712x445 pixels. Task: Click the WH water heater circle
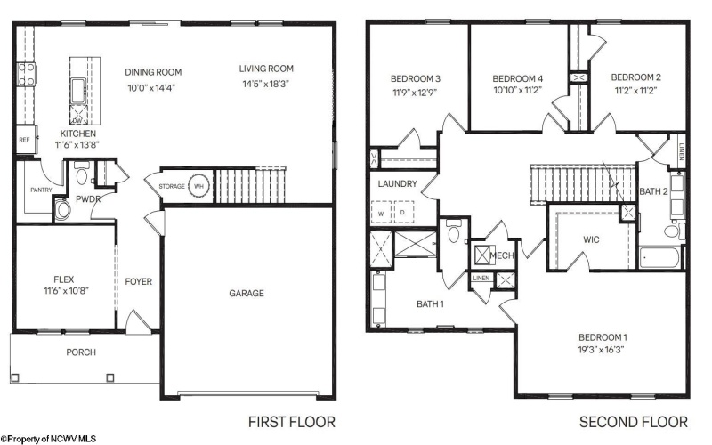pyautogui.click(x=199, y=187)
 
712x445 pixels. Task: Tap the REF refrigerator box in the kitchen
pyautogui.click(x=22, y=140)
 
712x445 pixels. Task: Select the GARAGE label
pyautogui.click(x=246, y=294)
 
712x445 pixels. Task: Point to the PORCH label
pyautogui.click(x=81, y=352)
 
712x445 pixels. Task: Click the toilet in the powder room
pyautogui.click(x=62, y=210)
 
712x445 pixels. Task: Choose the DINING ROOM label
pyautogui.click(x=153, y=72)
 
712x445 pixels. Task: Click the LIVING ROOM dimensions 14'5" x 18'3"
pyautogui.click(x=265, y=84)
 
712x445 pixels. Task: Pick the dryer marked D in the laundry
pyautogui.click(x=402, y=214)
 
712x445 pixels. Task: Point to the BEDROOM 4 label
pyautogui.click(x=518, y=78)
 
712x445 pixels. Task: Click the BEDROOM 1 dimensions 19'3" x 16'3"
pyautogui.click(x=603, y=350)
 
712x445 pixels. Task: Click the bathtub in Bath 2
pyautogui.click(x=660, y=258)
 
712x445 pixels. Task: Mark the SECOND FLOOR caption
pyautogui.click(x=633, y=421)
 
